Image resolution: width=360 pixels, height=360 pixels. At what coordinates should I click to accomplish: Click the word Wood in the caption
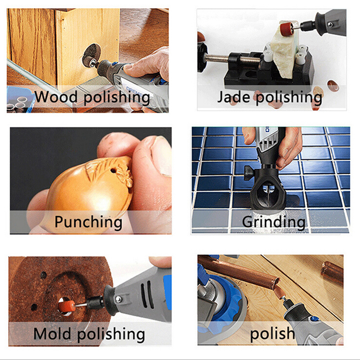(56, 97)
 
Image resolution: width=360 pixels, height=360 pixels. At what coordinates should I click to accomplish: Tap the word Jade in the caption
(234, 97)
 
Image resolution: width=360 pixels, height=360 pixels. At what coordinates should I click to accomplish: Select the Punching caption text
(88, 222)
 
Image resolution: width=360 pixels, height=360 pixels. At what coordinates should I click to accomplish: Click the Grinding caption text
(274, 222)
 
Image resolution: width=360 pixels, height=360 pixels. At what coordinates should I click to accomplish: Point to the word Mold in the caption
(52, 333)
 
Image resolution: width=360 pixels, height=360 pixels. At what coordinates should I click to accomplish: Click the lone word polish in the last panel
(272, 333)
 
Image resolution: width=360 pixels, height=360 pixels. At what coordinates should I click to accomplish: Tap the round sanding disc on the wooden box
(90, 55)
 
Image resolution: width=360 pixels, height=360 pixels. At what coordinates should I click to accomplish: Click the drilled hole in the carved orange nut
(113, 171)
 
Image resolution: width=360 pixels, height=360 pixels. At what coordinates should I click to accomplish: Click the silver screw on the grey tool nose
(118, 299)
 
